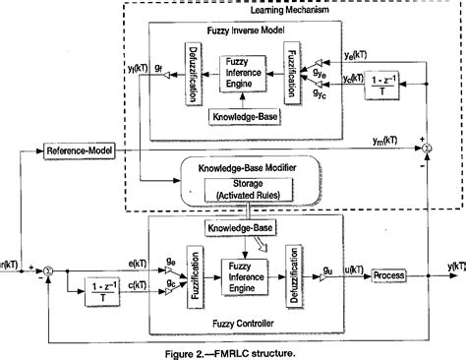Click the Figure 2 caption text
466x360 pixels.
coord(234,350)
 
